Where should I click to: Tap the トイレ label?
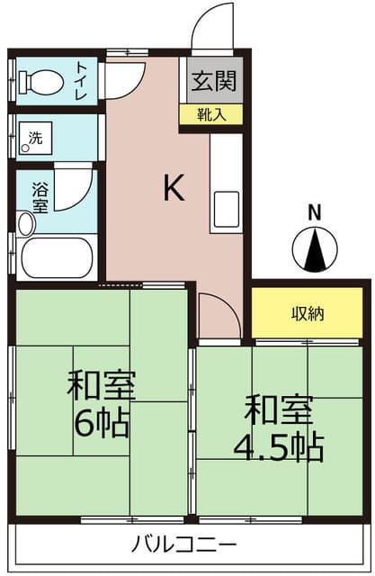(x=82, y=81)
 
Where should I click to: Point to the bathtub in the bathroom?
(x=57, y=257)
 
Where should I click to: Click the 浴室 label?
(x=40, y=198)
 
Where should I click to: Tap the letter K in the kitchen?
(x=174, y=187)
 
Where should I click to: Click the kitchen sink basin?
(x=227, y=209)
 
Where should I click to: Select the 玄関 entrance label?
(x=215, y=81)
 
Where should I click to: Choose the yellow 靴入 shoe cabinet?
(x=211, y=114)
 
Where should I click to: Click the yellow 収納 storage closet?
(x=308, y=312)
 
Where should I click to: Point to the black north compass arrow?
(x=315, y=249)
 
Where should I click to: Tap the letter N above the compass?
(x=315, y=213)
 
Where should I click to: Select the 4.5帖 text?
(x=279, y=447)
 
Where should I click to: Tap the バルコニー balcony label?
(x=184, y=545)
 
